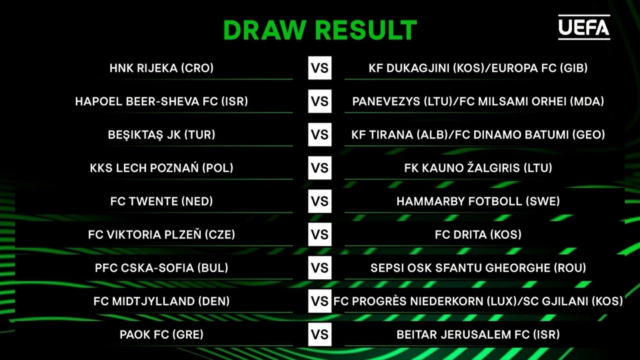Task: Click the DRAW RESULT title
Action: point(319,30)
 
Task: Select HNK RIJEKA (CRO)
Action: point(161,68)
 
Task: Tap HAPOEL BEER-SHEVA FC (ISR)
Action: point(161,101)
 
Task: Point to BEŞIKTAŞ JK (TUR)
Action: point(161,135)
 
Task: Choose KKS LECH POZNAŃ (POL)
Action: point(161,168)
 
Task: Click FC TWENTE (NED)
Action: point(161,201)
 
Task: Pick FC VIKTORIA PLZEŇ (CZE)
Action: point(161,235)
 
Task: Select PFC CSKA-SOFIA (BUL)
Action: point(161,268)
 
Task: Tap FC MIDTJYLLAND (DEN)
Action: point(161,301)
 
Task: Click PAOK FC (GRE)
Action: point(161,335)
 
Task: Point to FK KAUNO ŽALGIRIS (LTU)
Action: point(478,168)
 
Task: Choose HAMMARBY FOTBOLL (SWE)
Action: point(478,201)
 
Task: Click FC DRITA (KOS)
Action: point(478,235)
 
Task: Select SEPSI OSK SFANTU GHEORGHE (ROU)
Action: point(478,268)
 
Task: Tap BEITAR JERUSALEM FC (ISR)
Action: point(478,335)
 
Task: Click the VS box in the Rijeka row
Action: point(320,68)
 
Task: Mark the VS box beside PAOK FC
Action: point(320,335)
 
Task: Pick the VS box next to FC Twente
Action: point(320,201)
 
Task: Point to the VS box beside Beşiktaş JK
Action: point(320,135)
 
